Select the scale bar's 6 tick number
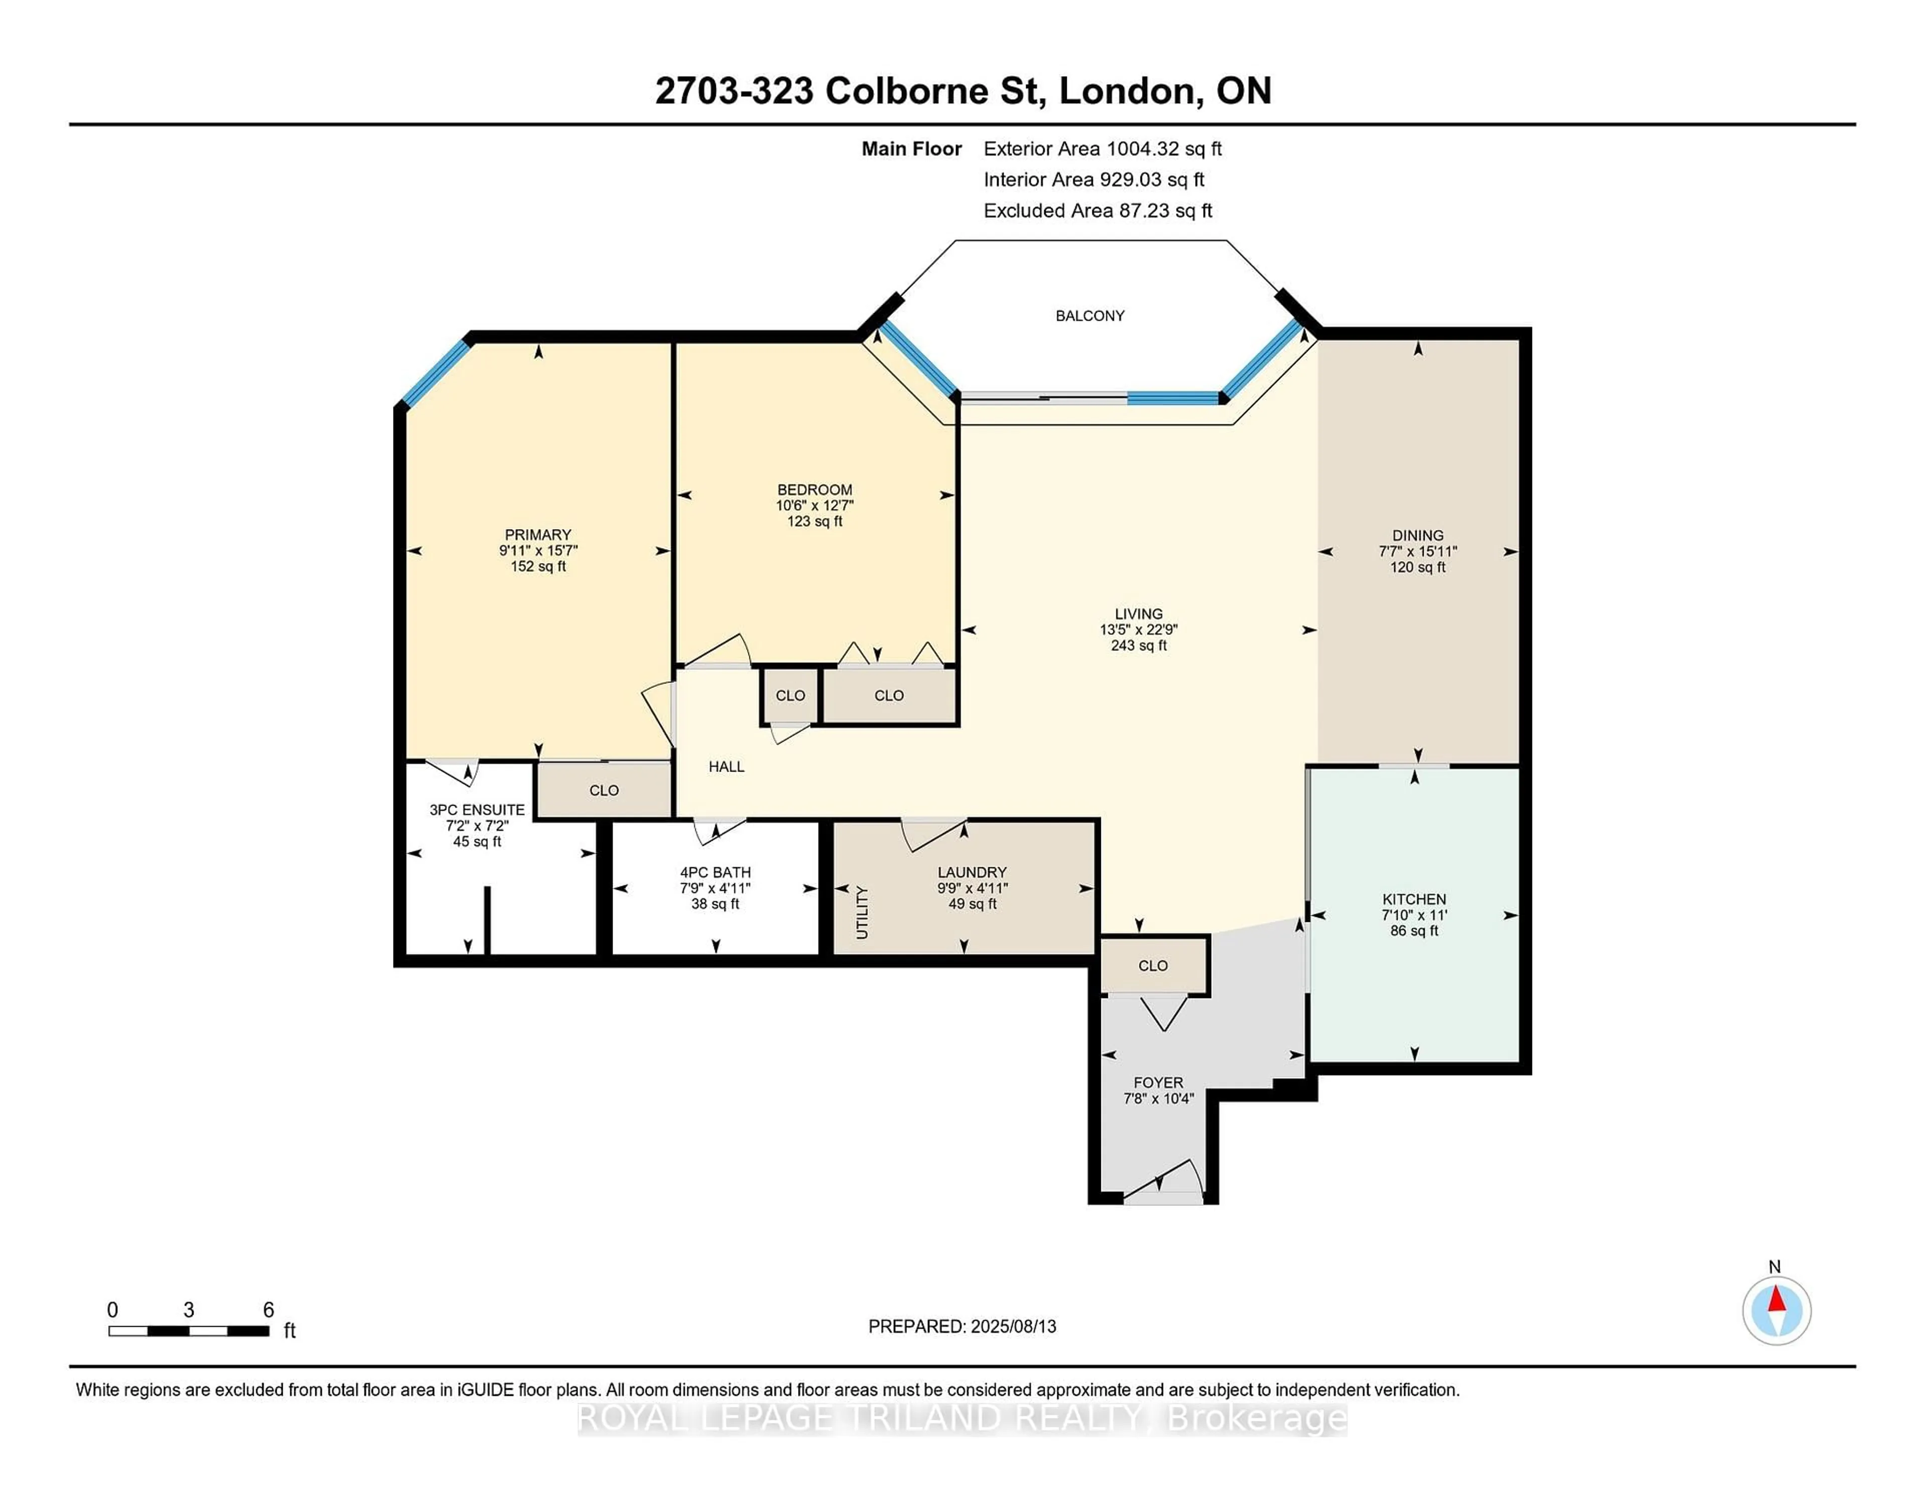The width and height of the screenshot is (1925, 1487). (x=268, y=1310)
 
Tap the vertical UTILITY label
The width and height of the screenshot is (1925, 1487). (x=862, y=913)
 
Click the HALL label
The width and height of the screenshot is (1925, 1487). (x=726, y=767)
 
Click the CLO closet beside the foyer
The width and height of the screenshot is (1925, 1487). (x=1153, y=965)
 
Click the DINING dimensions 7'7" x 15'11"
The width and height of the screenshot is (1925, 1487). (x=1417, y=552)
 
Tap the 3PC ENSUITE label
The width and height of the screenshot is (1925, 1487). (x=477, y=810)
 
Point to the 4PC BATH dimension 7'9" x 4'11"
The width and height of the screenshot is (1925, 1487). (x=715, y=888)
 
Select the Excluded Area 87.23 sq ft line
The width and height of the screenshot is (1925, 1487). (x=1097, y=210)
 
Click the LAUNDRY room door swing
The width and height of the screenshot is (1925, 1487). (x=932, y=833)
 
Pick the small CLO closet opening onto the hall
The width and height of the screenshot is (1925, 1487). (x=790, y=695)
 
